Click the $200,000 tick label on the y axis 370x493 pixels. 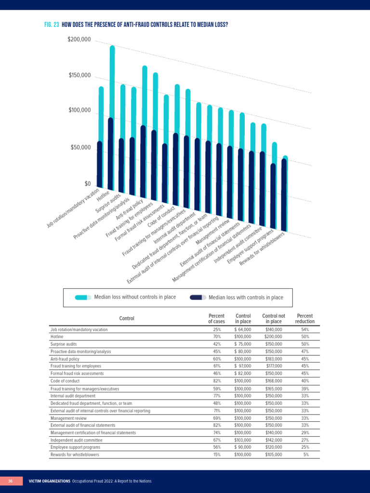pyautogui.click(x=79, y=39)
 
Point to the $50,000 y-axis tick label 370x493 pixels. pyautogui.click(x=80, y=147)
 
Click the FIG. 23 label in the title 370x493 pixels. pyautogui.click(x=52, y=25)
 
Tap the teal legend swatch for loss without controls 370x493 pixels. pyautogui.click(x=83, y=298)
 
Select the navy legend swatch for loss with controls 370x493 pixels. pyautogui.click(x=198, y=298)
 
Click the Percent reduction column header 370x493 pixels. pyautogui.click(x=304, y=319)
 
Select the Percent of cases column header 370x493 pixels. pyautogui.click(x=216, y=319)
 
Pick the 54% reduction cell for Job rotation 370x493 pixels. pyautogui.click(x=305, y=329)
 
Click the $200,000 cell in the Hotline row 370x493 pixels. pyautogui.click(x=274, y=337)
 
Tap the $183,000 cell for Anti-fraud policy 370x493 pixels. pyautogui.click(x=274, y=359)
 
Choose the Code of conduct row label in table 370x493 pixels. pyautogui.click(x=65, y=381)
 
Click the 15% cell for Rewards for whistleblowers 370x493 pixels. pyautogui.click(x=217, y=454)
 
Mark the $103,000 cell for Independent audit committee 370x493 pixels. pyautogui.click(x=243, y=440)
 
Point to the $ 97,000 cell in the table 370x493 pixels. pyautogui.click(x=243, y=366)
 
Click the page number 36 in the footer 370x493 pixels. pyautogui.click(x=11, y=481)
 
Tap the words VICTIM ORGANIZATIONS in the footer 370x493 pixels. pyautogui.click(x=50, y=481)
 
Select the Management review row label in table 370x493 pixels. pyautogui.click(x=68, y=418)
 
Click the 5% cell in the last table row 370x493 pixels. pyautogui.click(x=306, y=454)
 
